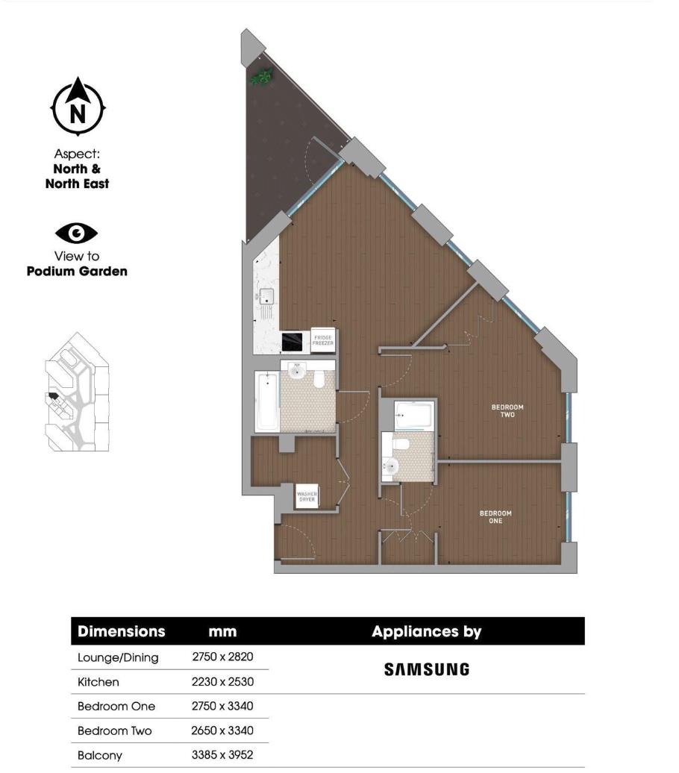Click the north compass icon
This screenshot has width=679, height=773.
click(x=78, y=107)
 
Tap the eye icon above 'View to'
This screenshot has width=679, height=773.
click(x=77, y=234)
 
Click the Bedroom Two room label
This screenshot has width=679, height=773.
click(x=507, y=410)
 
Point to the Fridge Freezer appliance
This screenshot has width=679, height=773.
click(x=323, y=341)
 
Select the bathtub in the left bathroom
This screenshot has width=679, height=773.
click(x=266, y=401)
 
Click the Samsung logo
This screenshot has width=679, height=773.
click(x=426, y=669)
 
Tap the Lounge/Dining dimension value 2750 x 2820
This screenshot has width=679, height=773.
click(x=223, y=657)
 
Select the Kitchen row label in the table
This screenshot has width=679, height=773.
click(x=98, y=682)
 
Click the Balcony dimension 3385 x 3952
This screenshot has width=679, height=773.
click(x=223, y=755)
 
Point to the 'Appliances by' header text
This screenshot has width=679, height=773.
click(x=426, y=632)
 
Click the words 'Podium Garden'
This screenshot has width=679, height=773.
click(x=77, y=271)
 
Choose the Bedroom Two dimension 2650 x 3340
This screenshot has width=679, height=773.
click(x=223, y=730)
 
